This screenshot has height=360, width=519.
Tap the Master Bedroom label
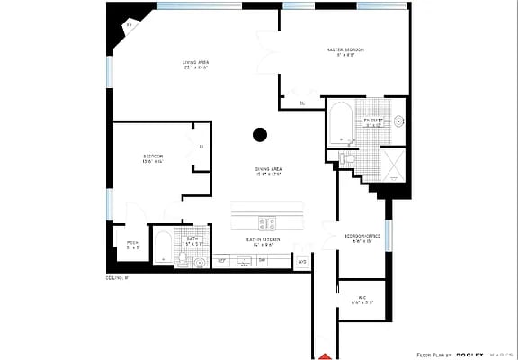click(x=345, y=51)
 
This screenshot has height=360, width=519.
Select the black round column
click(x=260, y=135)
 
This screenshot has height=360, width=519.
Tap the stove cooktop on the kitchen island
click(x=267, y=222)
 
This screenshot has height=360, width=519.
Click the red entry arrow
click(x=325, y=354)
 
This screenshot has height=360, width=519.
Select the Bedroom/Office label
click(x=362, y=238)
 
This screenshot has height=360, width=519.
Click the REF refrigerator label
click(x=221, y=261)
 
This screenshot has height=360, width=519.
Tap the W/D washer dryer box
click(x=302, y=262)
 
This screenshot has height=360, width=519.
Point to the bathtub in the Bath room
click(x=162, y=246)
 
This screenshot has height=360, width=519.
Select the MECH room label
click(x=132, y=245)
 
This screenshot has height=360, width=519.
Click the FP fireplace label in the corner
click(x=128, y=26)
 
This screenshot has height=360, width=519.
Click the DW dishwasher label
click(x=262, y=261)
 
